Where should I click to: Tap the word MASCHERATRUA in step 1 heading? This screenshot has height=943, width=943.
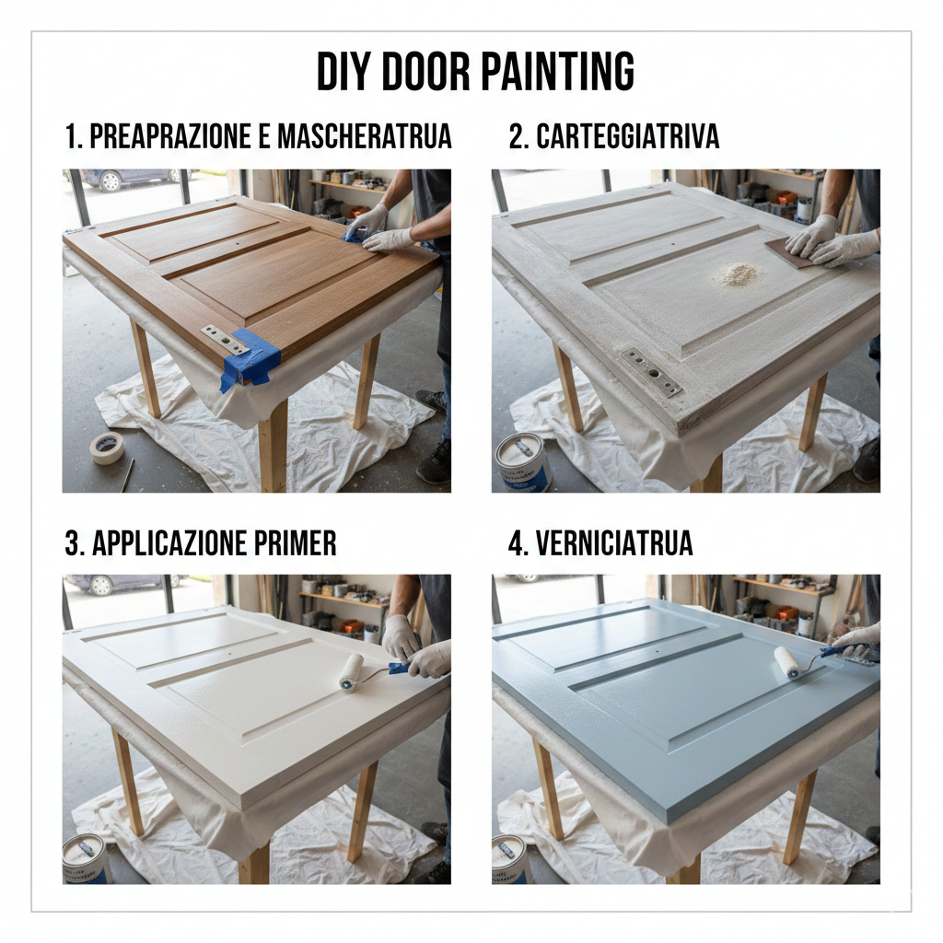[x=365, y=136]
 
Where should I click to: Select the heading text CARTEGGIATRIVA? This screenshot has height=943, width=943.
[x=627, y=136]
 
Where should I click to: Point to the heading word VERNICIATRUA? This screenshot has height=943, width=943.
[x=614, y=543]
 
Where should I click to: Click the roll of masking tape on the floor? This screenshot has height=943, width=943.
[x=107, y=447]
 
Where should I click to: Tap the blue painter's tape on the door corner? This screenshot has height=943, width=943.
[x=250, y=358]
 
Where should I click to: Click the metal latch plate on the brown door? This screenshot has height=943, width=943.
[x=225, y=340]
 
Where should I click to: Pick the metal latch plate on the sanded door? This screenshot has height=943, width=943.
[x=652, y=372]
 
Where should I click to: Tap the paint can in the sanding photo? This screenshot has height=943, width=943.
[x=523, y=462]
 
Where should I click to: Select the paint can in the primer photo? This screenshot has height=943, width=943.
[x=87, y=859]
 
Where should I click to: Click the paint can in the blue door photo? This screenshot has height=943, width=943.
[x=511, y=859]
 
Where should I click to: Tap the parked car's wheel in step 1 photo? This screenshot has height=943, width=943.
[x=111, y=181]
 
